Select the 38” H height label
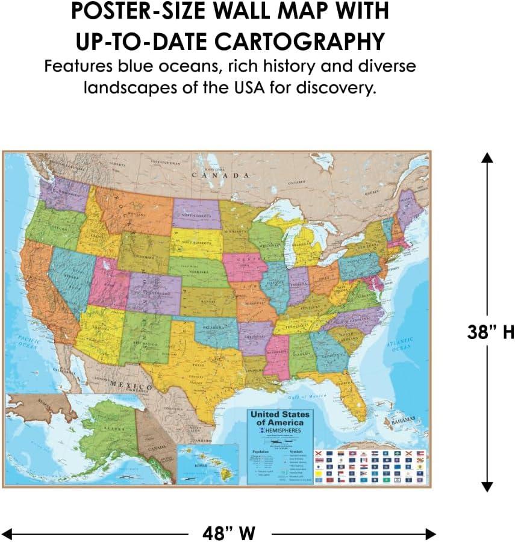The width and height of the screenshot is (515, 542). (x=490, y=332)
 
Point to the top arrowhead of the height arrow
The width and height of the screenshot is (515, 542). (x=487, y=157)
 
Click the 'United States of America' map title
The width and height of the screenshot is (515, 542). (x=279, y=419)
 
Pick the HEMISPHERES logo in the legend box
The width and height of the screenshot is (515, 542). (x=282, y=432)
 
